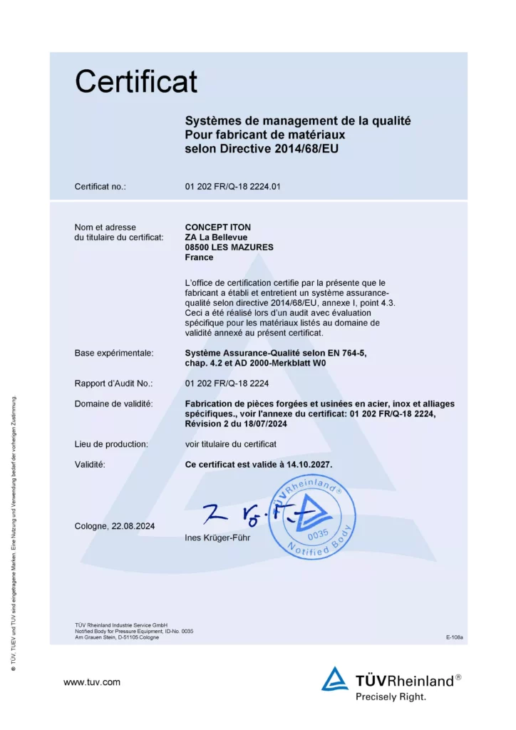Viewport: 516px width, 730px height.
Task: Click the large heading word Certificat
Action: (136, 81)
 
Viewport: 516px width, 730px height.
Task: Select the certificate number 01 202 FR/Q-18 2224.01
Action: (233, 187)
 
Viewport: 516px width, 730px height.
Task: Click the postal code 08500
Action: (198, 247)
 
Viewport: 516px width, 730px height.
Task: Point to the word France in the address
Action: (199, 257)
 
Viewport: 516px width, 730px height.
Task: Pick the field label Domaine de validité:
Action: (114, 404)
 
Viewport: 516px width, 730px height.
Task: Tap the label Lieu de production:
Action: (111, 443)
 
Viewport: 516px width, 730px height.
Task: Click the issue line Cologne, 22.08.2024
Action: (115, 526)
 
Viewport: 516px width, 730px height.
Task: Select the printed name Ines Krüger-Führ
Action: (217, 537)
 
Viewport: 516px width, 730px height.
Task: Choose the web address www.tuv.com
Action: (92, 682)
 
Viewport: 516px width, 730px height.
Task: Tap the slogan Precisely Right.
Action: (391, 696)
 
